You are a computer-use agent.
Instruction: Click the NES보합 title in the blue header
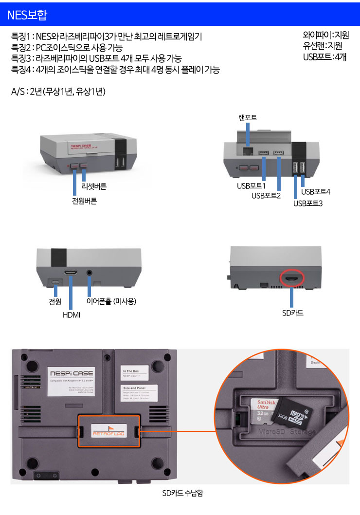pos(27,15)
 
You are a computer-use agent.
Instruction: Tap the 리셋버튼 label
pos(94,186)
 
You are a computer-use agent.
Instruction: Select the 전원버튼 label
pos(84,201)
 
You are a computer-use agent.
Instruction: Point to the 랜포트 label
pos(248,118)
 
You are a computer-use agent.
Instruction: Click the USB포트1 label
pos(251,186)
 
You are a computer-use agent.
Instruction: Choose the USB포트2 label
pos(266,196)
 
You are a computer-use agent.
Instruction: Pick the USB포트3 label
pos(308,203)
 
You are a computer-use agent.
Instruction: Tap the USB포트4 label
pos(316,192)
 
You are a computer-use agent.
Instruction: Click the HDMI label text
pos(72,315)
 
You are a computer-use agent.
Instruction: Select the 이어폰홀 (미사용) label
pos(111,301)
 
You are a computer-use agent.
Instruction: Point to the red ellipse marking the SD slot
pos(292,279)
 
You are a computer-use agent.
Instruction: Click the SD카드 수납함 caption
pos(182,493)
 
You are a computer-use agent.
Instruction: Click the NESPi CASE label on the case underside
pos(72,373)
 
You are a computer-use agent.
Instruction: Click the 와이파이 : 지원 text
pos(325,35)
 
